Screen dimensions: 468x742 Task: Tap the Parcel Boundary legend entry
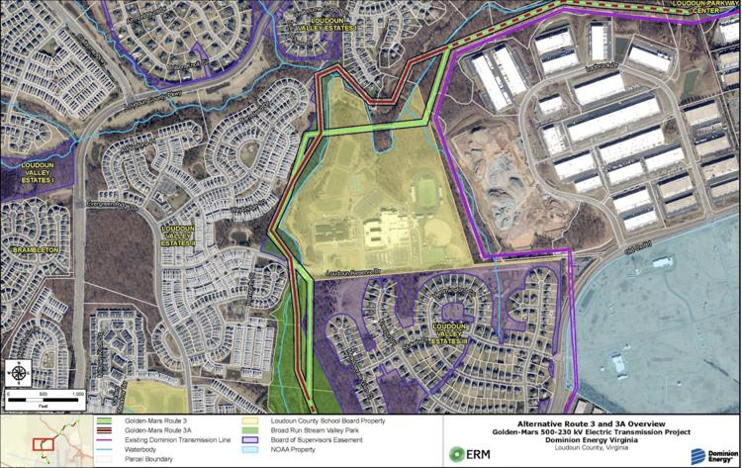[149, 459]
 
